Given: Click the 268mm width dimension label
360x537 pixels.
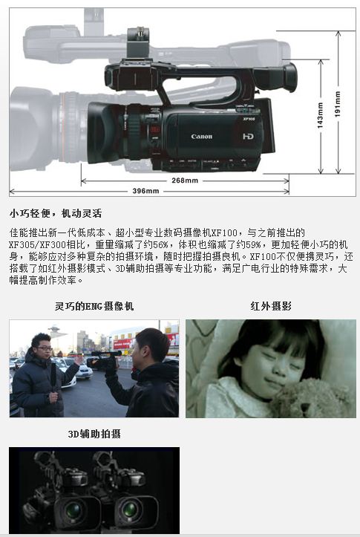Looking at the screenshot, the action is (185, 180).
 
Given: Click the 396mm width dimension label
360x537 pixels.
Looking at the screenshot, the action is (145, 191).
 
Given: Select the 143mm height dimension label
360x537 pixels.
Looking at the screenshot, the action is (320, 115).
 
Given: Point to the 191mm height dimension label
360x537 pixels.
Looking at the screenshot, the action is (338, 104).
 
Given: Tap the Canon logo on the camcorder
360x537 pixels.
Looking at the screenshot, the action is (202, 137).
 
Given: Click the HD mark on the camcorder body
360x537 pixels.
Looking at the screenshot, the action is (248, 137).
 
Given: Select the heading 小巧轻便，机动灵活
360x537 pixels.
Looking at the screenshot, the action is (56, 213).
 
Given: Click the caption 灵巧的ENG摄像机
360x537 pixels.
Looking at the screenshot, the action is (94, 306).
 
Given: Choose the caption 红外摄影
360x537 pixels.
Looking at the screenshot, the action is (271, 306).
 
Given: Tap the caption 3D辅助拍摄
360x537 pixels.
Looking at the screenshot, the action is (94, 434).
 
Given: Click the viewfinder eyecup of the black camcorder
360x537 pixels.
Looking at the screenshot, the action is (289, 77).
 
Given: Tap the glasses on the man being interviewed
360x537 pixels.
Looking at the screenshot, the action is (45, 348).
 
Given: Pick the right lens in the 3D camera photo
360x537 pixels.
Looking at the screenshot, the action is (130, 510).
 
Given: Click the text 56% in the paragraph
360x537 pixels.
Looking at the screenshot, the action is (160, 244).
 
